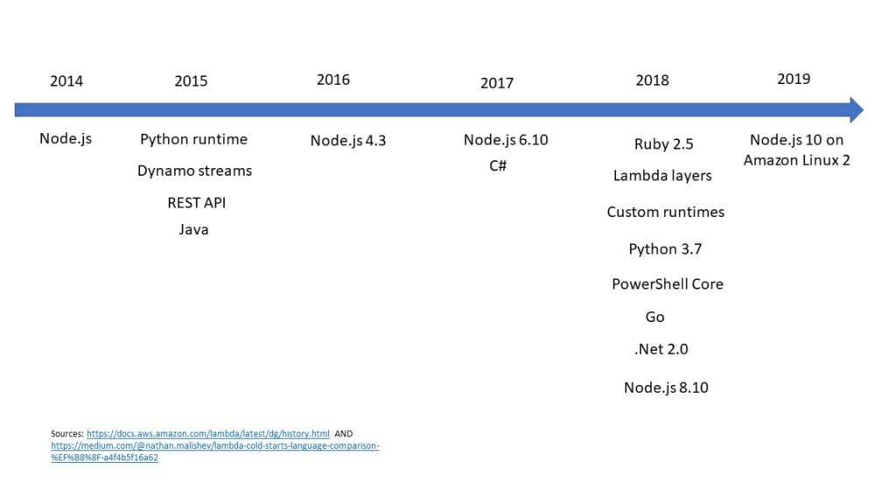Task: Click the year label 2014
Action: [66, 81]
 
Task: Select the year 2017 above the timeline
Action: [496, 83]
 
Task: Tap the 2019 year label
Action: [793, 79]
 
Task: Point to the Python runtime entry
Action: [193, 139]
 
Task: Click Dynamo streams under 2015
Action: [194, 171]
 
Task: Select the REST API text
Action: [196, 202]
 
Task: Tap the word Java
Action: [193, 230]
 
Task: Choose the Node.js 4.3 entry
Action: [347, 140]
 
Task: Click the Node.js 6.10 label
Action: [505, 140]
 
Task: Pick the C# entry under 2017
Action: [498, 165]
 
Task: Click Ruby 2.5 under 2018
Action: [663, 144]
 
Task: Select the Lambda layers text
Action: [662, 176]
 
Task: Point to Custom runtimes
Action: [665, 212]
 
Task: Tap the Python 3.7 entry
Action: [665, 249]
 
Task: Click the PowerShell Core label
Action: [667, 284]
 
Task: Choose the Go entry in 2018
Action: [654, 317]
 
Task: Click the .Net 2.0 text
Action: [661, 349]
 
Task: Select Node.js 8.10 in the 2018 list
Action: [665, 388]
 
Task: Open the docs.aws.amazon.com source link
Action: [208, 434]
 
